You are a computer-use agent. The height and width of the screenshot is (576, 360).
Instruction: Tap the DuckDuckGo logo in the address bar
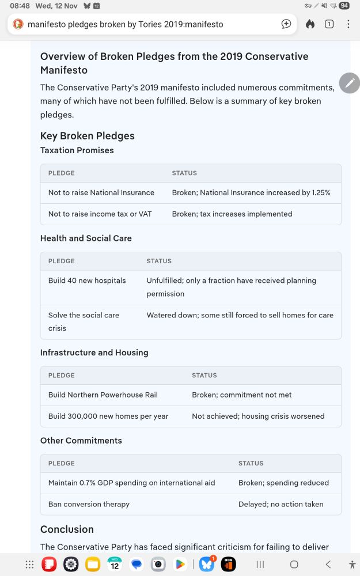click(18, 24)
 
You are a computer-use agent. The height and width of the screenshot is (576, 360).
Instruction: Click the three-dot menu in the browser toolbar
click(348, 24)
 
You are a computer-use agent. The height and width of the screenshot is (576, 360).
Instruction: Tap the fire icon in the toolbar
click(310, 24)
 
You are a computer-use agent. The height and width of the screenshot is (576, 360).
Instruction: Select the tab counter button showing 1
click(329, 24)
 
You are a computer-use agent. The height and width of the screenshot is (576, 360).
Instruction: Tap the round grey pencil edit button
click(349, 84)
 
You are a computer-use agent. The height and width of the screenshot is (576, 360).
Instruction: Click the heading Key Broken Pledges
click(87, 136)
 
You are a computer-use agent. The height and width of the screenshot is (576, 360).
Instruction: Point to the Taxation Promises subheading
click(77, 150)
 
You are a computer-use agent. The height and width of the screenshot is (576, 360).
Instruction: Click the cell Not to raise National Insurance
click(101, 192)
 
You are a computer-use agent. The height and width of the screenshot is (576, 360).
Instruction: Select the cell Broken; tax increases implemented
click(232, 214)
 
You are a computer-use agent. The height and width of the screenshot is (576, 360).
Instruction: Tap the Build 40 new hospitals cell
click(87, 281)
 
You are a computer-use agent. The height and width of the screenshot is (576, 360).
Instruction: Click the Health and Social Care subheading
click(86, 238)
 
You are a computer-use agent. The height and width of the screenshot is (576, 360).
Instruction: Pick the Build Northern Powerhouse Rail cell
click(103, 395)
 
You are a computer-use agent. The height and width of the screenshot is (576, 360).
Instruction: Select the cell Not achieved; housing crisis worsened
click(258, 416)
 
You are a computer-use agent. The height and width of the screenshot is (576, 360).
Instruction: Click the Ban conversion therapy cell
click(89, 504)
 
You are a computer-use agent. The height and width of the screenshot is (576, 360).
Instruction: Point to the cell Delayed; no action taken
click(281, 504)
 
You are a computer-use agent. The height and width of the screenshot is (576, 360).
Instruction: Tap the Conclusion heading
click(67, 529)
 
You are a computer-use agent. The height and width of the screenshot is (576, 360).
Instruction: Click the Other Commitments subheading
click(81, 441)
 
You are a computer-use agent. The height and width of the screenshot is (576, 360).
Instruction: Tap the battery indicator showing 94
click(344, 6)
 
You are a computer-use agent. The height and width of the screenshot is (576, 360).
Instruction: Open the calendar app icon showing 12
click(115, 564)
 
